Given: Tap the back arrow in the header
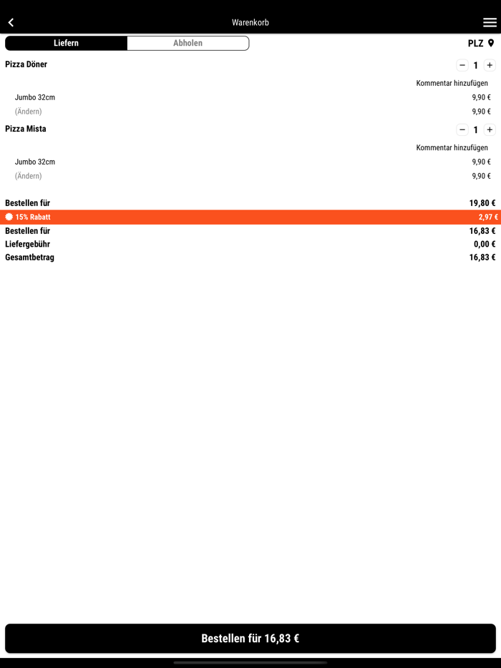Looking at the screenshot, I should (11, 23).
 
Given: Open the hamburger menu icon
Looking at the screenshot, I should (490, 23).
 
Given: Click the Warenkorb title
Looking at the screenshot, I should (250, 23).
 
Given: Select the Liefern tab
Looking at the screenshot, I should (66, 44).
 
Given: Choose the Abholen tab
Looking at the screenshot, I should (188, 44).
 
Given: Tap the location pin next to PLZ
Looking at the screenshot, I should (491, 44).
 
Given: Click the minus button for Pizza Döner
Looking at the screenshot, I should (462, 65).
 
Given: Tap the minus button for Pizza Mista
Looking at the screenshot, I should (462, 130).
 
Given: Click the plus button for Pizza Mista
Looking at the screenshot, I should (490, 130).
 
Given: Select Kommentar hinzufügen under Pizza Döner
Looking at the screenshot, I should (452, 84).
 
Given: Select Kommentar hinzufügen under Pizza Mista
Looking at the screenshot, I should (452, 148).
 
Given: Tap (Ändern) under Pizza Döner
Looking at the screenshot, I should (29, 112).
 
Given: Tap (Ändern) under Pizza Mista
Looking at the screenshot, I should (29, 176).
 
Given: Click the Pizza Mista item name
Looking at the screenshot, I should (26, 129).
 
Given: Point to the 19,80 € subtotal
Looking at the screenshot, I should (482, 203).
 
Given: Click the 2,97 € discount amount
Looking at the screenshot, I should (488, 217).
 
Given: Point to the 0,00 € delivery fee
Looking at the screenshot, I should (484, 245).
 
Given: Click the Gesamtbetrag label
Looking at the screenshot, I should (30, 257).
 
